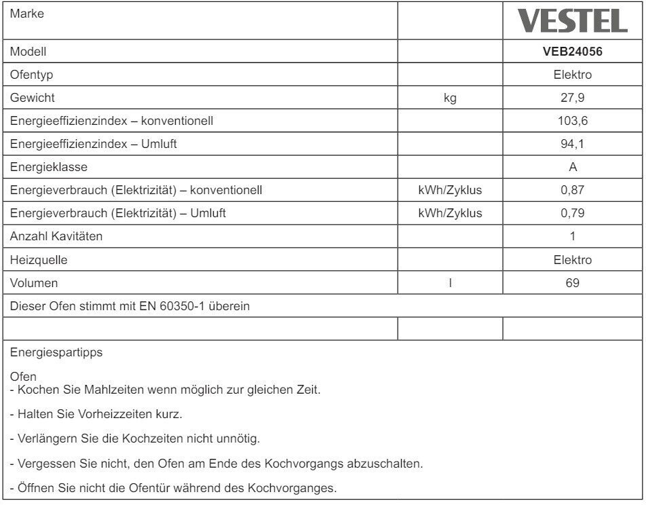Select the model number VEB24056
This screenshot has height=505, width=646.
573,51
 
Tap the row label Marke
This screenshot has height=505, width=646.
25,14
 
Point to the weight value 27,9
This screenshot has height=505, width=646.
573,98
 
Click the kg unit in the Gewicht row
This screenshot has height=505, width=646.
450,98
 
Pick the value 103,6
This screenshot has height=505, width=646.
573,121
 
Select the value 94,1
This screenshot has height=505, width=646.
573,144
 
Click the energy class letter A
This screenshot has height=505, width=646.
573,167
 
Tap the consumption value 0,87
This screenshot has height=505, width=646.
573,190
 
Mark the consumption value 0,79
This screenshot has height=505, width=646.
573,213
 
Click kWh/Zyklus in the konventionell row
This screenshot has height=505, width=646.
450,190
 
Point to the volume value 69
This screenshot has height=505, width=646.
573,283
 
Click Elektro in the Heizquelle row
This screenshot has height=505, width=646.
573,260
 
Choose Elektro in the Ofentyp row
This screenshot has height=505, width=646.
573,75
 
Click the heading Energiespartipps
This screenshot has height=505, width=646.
56,353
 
